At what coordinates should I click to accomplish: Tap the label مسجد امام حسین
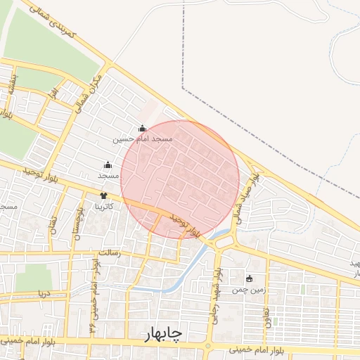point(143,139)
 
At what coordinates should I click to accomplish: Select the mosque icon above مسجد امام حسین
point(143,129)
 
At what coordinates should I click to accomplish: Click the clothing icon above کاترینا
point(104,196)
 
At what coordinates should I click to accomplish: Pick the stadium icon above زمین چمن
point(249,278)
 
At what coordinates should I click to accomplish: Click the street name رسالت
point(110,252)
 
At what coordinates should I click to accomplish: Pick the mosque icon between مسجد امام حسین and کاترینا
point(108,165)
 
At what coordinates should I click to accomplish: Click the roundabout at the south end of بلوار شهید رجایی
point(208,346)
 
